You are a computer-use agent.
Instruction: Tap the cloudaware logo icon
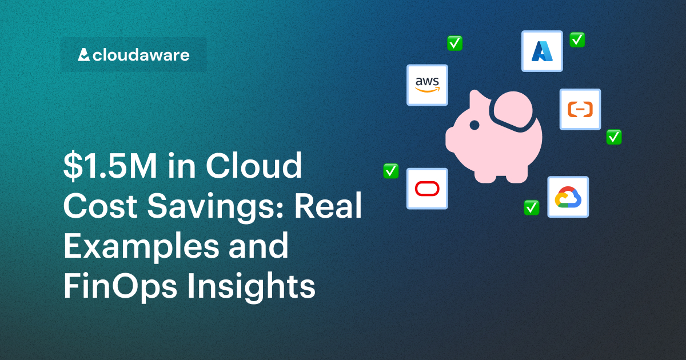click(x=83, y=55)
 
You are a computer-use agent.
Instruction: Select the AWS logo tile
click(x=427, y=85)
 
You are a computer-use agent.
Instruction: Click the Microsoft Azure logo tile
click(x=542, y=51)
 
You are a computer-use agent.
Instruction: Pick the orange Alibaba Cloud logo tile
click(x=580, y=109)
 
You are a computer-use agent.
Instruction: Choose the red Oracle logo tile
click(x=427, y=188)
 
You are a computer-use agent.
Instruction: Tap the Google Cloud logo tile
click(x=568, y=197)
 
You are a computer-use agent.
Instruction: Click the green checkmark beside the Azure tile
click(x=577, y=39)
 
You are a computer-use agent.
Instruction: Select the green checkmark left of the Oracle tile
click(x=390, y=170)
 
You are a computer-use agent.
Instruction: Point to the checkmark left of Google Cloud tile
click(x=532, y=207)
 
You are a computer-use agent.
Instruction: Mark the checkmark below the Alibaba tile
click(x=614, y=137)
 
